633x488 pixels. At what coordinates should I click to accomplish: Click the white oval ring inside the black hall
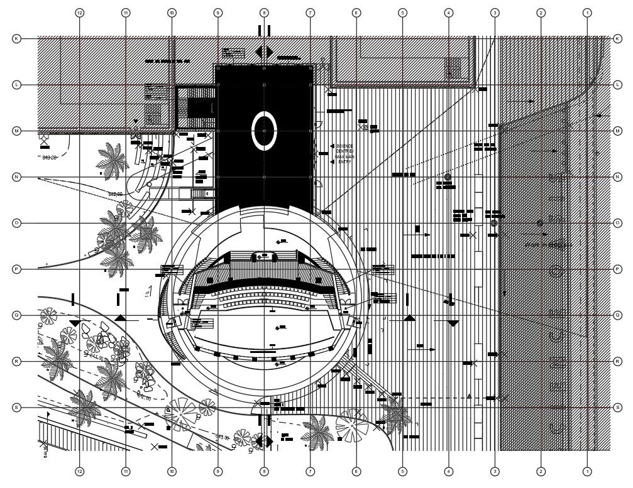pos(264,130)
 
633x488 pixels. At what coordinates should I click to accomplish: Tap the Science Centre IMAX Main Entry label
pos(344,153)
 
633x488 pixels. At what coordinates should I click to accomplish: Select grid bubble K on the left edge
pos(16,38)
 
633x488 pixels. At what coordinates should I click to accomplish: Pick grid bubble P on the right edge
pos(617,269)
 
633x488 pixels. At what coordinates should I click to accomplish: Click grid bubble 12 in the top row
pos(79,12)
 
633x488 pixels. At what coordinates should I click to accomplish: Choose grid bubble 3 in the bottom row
pos(495,471)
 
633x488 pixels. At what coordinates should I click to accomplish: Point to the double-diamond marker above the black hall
pos(264,52)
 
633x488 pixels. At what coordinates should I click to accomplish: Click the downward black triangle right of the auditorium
pos(453,323)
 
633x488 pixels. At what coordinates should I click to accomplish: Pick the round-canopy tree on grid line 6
pos(353,423)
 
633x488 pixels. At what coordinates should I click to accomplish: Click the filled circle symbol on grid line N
pos(448,178)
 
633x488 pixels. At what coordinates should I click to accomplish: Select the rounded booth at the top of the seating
pos(265,256)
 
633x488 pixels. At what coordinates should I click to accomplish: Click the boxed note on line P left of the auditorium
pos(171,270)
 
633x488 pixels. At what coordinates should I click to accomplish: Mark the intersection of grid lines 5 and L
pos(402,84)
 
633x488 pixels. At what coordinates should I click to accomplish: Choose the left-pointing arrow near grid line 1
pos(599,116)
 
